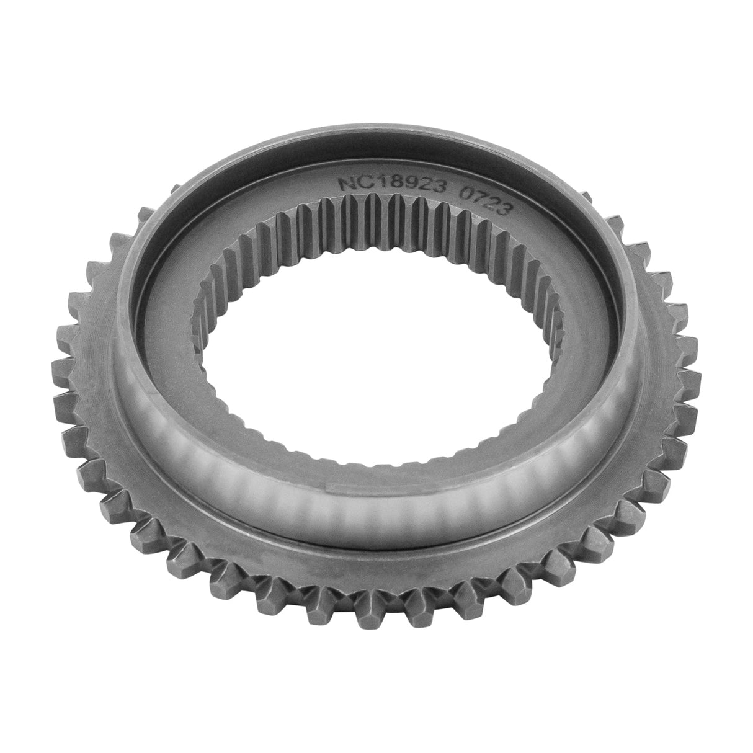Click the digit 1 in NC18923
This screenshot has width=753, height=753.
point(372,184)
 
